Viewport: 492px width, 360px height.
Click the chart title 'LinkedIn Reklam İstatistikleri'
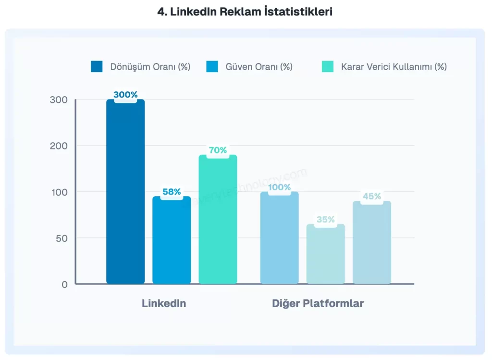pos(245,12)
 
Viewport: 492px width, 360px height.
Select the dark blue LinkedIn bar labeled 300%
pos(125,192)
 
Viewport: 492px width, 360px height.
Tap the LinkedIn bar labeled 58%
pos(172,240)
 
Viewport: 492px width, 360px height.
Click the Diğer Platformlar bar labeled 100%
pos(279,238)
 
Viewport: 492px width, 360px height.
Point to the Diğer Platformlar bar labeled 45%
pos(371,243)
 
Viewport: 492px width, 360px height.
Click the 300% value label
pos(125,95)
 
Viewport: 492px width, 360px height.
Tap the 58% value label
pos(172,192)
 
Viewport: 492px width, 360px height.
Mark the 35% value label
pos(325,220)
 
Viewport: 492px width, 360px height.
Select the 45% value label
pos(371,196)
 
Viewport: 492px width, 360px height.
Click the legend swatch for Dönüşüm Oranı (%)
pos(97,67)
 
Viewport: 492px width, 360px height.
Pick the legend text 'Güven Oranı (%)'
pos(259,67)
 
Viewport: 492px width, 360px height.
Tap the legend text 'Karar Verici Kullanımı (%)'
pos(394,67)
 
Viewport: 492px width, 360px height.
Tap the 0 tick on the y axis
pos(64,284)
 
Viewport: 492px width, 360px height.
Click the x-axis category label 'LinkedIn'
pos(164,304)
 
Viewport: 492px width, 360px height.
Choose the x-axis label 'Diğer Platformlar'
pos(318,304)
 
